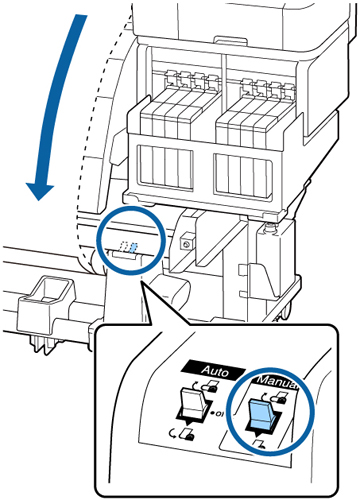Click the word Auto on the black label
point(215,371)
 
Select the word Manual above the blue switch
point(276,382)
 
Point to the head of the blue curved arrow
point(40,191)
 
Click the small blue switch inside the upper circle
point(134,248)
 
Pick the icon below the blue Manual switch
point(260,443)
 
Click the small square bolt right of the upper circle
point(185,244)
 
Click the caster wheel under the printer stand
point(287,309)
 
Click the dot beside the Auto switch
point(213,414)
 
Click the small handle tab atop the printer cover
point(232,41)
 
